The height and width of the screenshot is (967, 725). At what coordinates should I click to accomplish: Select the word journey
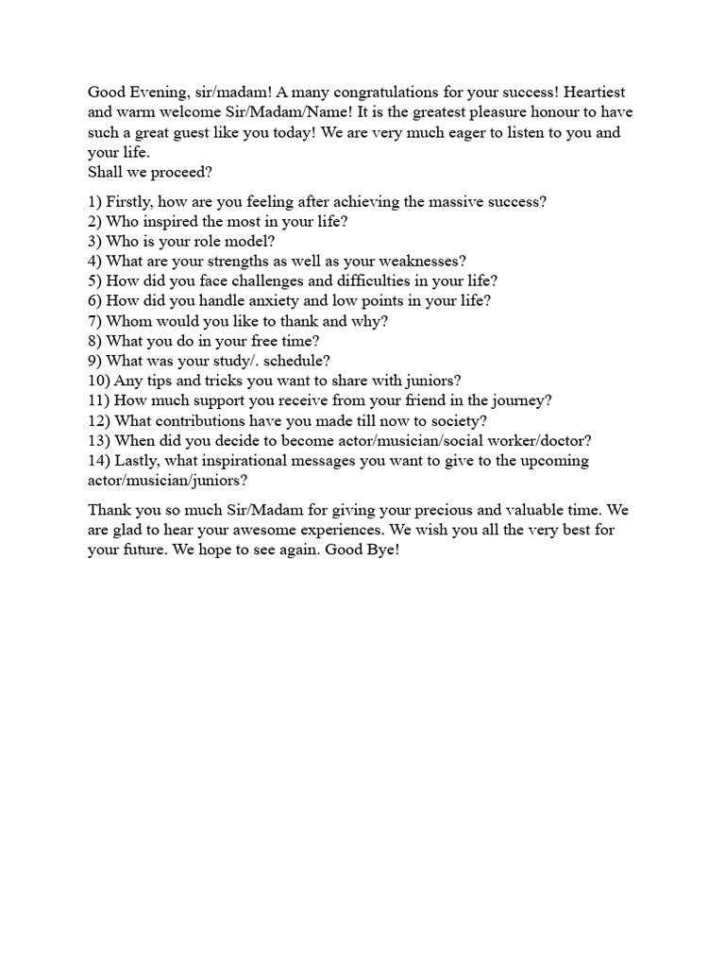519,399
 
